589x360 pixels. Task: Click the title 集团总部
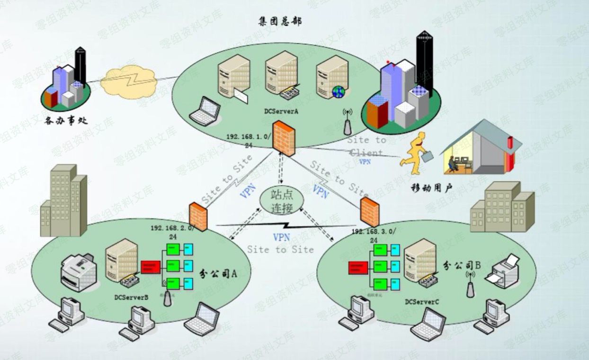(280, 21)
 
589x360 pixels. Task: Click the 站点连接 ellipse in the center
(282, 201)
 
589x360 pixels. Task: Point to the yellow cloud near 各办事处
(128, 81)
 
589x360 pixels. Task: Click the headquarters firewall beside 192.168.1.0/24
(284, 138)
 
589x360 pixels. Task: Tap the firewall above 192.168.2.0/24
(198, 216)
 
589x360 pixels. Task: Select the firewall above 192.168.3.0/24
(369, 212)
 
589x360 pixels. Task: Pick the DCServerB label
(131, 297)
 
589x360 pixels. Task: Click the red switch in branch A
(151, 267)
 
